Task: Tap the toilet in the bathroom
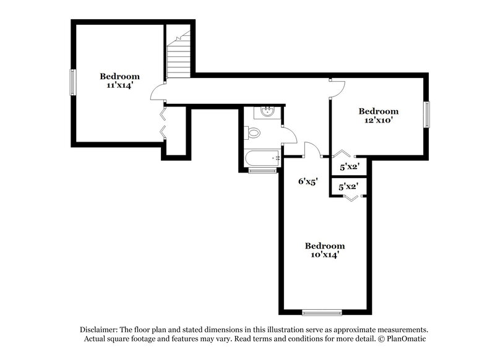coord(254,132)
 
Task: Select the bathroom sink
coord(268,112)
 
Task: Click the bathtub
coord(261,158)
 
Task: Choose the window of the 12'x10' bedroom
coord(426,114)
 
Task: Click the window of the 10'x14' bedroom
coord(322,312)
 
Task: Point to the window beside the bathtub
coord(262,170)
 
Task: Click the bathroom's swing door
coord(288,135)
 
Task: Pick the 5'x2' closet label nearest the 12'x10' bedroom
coord(350,166)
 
